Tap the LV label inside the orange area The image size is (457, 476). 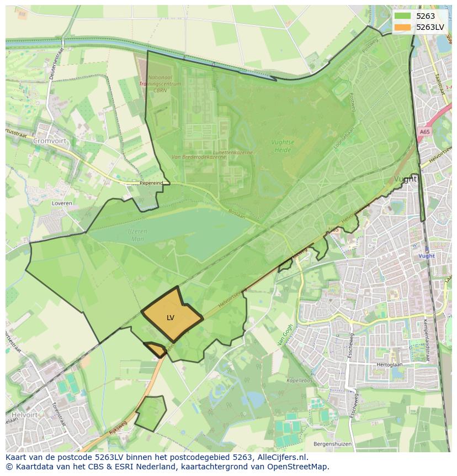coord(170,318)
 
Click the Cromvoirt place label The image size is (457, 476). coord(49,141)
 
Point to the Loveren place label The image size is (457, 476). coord(62,203)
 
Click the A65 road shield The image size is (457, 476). coord(424,132)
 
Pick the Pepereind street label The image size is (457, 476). coord(151,182)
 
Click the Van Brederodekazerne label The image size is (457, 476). coord(198,157)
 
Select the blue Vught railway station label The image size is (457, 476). coord(426,256)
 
